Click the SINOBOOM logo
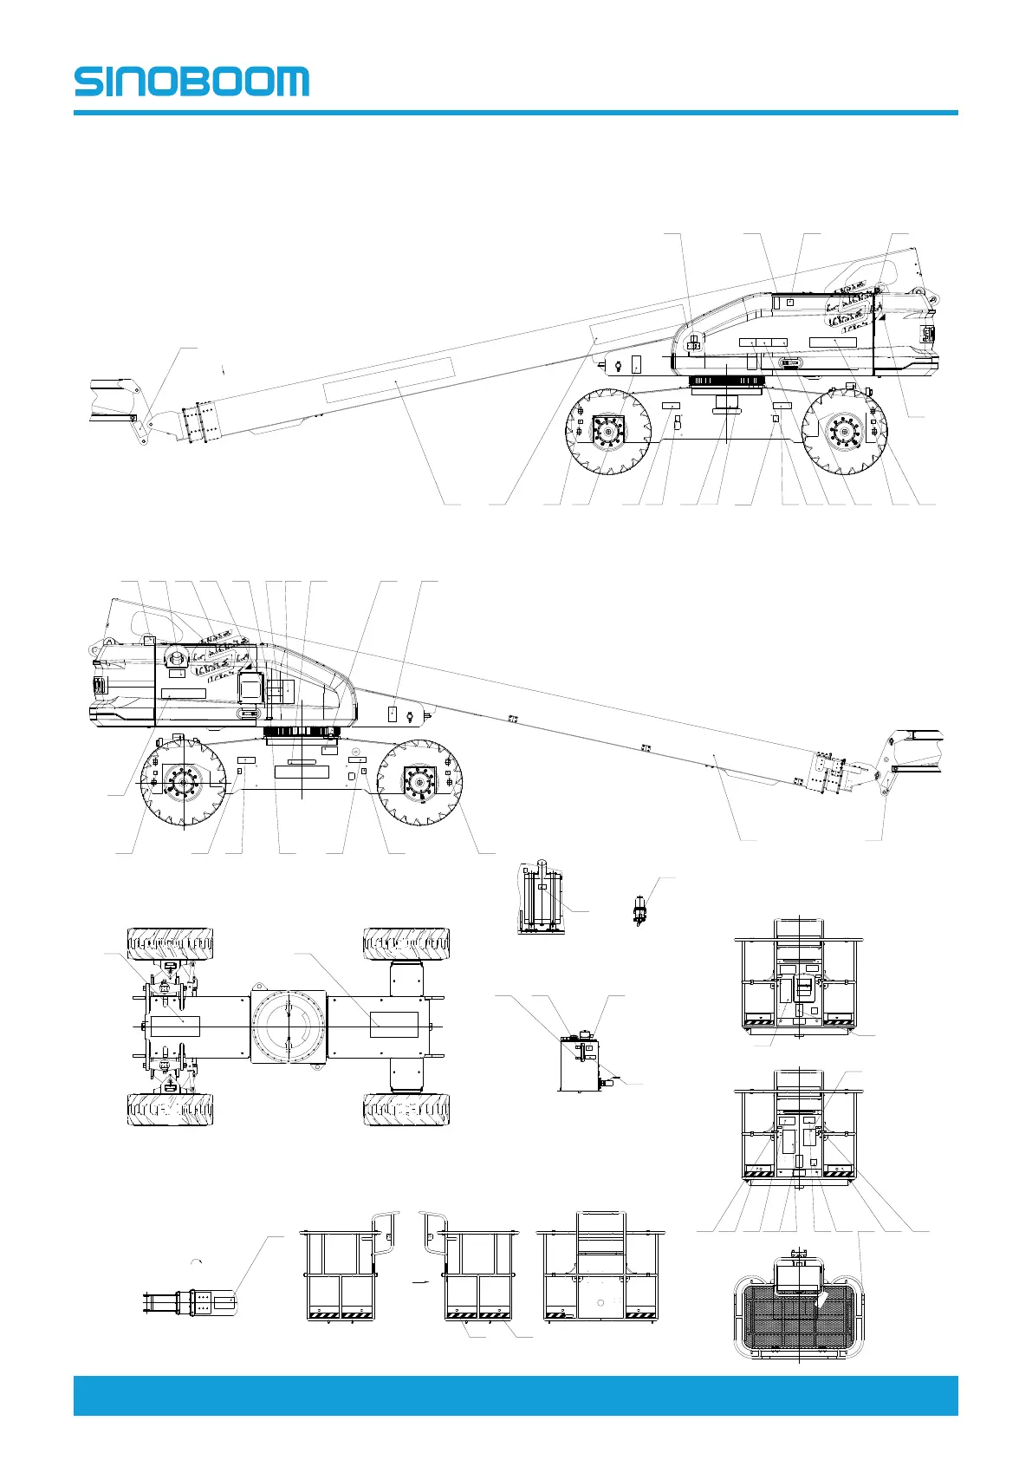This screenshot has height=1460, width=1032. [191, 81]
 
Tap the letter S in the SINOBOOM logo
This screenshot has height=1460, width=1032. [88, 81]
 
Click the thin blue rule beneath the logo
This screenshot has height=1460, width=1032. [516, 113]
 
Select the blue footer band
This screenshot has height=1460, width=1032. [516, 1396]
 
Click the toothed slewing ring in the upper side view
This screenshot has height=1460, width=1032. [726, 381]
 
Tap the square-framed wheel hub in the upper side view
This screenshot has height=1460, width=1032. [608, 432]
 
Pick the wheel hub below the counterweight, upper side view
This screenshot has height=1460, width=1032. [844, 432]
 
